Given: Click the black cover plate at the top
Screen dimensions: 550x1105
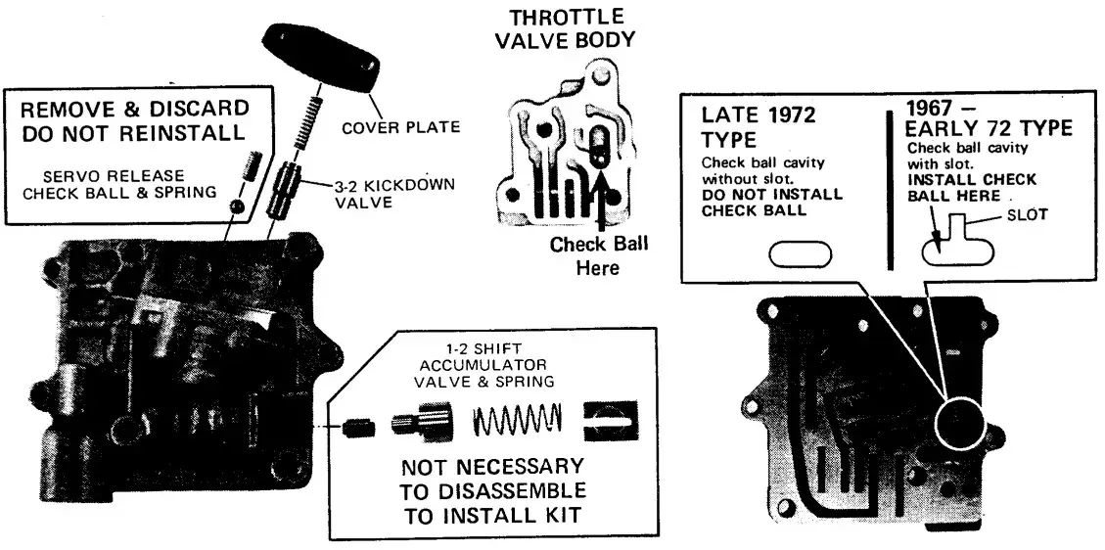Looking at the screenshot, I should [324, 56].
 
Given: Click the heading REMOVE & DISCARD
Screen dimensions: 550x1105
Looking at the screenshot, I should [135, 108].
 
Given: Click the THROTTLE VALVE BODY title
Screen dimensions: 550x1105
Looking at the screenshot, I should [567, 29].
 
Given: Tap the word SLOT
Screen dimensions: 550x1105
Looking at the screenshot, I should [1027, 215].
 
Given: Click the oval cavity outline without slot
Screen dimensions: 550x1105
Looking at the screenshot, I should [800, 254].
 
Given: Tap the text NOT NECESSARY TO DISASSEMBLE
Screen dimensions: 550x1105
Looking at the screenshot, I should [493, 478].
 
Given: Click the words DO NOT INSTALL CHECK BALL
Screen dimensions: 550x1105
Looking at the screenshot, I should [771, 201].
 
